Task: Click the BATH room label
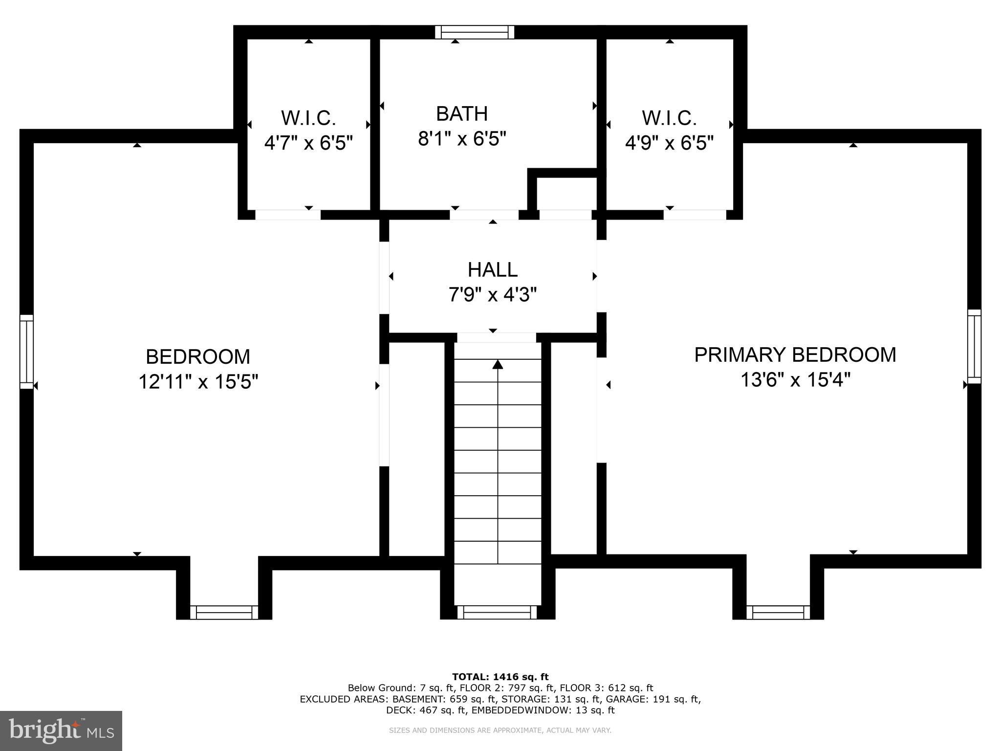click(x=461, y=114)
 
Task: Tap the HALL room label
click(x=492, y=270)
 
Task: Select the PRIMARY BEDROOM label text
click(x=795, y=355)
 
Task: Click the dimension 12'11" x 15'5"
click(x=198, y=382)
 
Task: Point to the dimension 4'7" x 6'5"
click(x=308, y=143)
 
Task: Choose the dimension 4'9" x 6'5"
click(x=669, y=143)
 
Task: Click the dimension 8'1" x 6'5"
click(x=461, y=139)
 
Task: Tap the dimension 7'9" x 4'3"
click(x=492, y=295)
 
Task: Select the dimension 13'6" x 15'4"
click(x=795, y=380)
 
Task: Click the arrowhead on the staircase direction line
click(x=498, y=364)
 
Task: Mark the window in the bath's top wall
click(x=475, y=32)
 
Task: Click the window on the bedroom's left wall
click(x=26, y=352)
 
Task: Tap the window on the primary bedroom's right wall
click(x=974, y=346)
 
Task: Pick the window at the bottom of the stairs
click(x=497, y=612)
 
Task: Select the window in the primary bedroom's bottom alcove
click(x=778, y=612)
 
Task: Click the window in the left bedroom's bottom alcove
click(x=224, y=612)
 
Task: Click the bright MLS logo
click(x=61, y=731)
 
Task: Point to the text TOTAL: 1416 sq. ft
click(x=500, y=677)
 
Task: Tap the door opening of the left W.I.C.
click(x=288, y=215)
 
